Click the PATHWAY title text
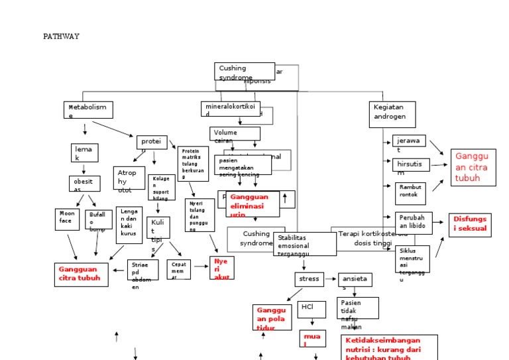coord(61,36)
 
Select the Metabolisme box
coord(88,110)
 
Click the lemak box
coord(84,152)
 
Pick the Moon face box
coord(67,219)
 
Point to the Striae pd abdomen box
coord(142,270)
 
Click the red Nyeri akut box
coord(222,268)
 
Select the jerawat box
coord(410,144)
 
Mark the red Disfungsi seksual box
coord(471,225)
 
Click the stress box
coord(309,279)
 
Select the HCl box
coord(311,309)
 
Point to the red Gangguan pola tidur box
coord(272,318)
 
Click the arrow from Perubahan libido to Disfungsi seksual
coord(441,223)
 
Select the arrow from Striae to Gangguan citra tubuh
coord(117,270)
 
